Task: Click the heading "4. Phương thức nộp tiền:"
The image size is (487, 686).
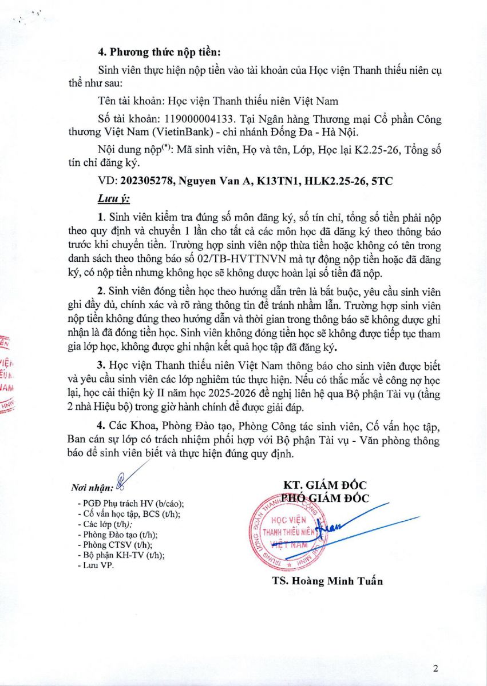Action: tap(159, 51)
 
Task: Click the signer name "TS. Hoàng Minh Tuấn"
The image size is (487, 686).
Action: tap(327, 581)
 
